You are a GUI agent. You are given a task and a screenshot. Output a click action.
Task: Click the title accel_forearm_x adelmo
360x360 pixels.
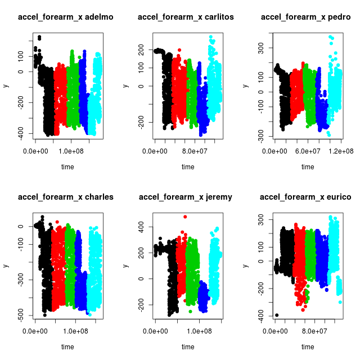point(66,17)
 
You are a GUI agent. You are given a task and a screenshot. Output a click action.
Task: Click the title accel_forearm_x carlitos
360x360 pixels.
point(186,17)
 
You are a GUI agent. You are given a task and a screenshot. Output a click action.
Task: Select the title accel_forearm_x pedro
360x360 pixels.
point(306,17)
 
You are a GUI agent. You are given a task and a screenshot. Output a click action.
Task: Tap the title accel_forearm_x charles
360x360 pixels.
point(66,197)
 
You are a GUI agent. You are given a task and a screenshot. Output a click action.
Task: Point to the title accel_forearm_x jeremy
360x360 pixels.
point(186,197)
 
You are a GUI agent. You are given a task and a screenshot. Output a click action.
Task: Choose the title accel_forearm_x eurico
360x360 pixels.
point(306,197)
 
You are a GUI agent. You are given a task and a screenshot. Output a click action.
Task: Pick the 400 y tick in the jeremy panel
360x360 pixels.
point(141,227)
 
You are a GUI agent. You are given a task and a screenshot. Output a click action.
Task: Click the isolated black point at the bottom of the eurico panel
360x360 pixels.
point(277,315)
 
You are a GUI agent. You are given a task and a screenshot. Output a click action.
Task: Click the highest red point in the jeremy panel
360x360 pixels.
point(185,217)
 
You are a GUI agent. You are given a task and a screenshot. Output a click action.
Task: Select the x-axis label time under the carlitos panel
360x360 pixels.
point(187,167)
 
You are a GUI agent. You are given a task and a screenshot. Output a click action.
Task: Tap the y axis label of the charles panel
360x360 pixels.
point(6,266)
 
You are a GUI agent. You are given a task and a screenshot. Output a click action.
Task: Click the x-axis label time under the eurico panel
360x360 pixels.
point(308,347)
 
